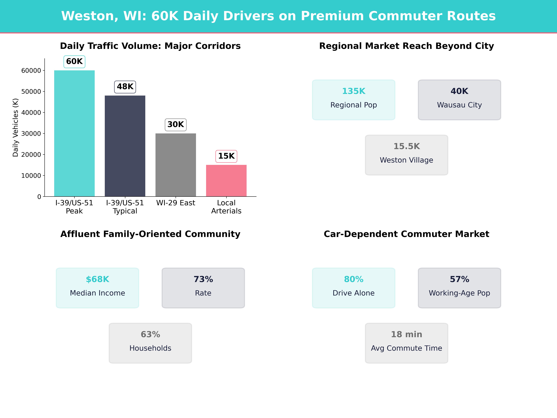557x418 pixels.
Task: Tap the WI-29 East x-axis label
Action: (175, 203)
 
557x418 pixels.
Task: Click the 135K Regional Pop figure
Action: (354, 91)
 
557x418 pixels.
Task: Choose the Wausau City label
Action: (459, 105)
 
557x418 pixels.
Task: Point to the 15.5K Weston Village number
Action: (406, 146)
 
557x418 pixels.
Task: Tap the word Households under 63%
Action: (150, 348)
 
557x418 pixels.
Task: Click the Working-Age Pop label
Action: (459, 293)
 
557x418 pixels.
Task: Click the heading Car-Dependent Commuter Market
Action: (406, 234)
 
